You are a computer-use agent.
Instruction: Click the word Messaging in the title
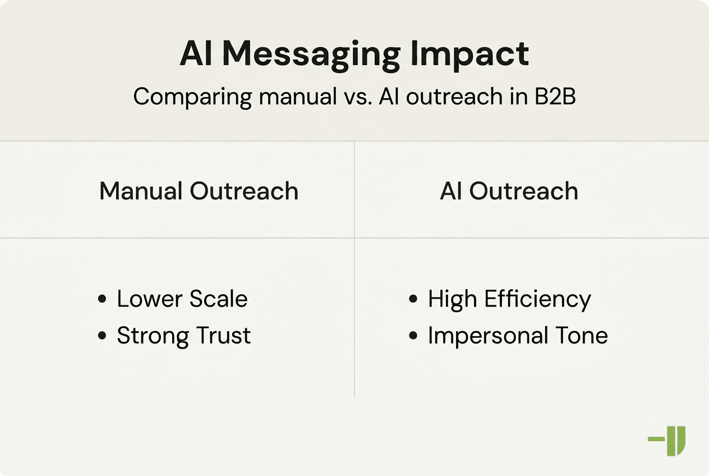coord(311,55)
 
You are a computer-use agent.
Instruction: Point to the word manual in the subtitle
coord(296,97)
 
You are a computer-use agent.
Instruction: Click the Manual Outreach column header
coord(199,191)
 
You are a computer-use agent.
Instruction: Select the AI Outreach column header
coord(509,191)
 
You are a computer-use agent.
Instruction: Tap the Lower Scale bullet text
coord(182,299)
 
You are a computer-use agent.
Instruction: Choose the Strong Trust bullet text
coord(183,336)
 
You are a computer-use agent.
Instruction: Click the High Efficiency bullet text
coord(509,299)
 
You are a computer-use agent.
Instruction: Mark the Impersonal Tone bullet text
coord(517,336)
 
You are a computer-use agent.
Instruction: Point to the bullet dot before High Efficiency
coord(413,299)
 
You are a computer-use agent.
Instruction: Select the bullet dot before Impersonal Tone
coord(413,336)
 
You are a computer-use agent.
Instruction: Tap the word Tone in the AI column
coord(582,336)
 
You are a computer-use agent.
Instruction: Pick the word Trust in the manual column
coord(223,336)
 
